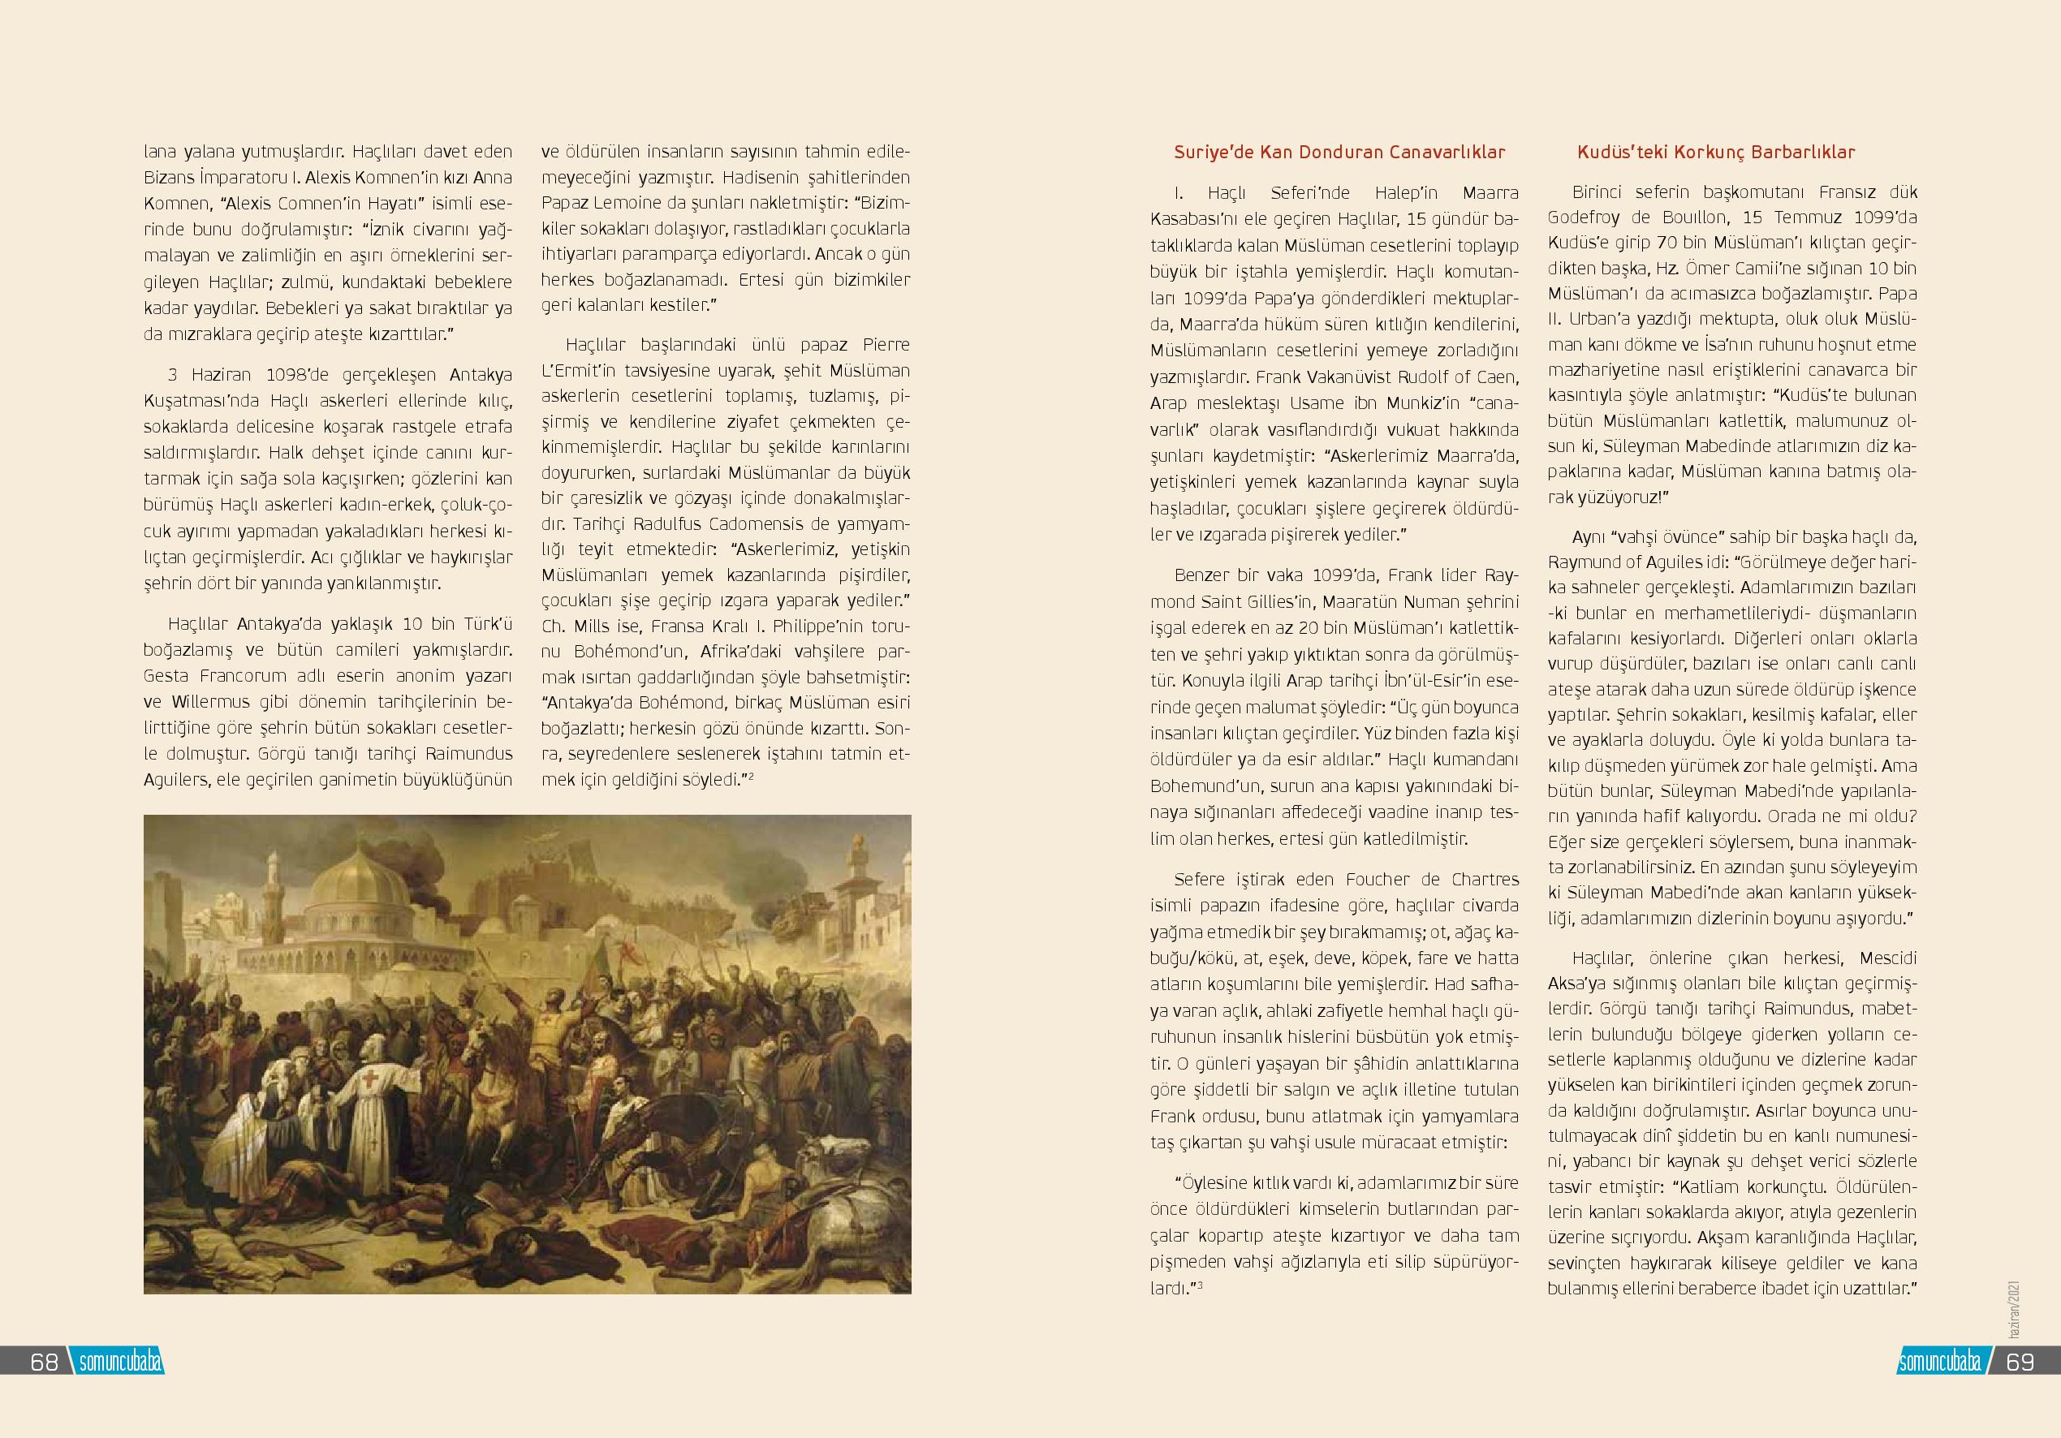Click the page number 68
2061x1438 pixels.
44,1362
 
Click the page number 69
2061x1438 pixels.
2020,1362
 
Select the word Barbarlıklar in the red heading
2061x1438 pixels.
1807,153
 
